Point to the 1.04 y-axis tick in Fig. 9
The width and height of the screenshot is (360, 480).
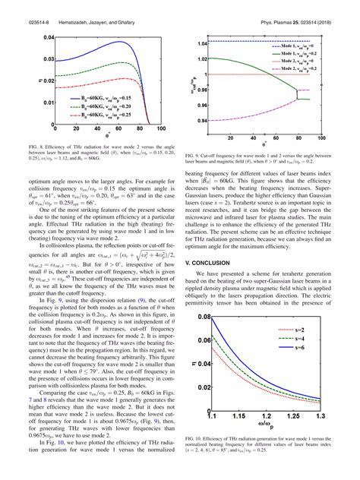[201, 44]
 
